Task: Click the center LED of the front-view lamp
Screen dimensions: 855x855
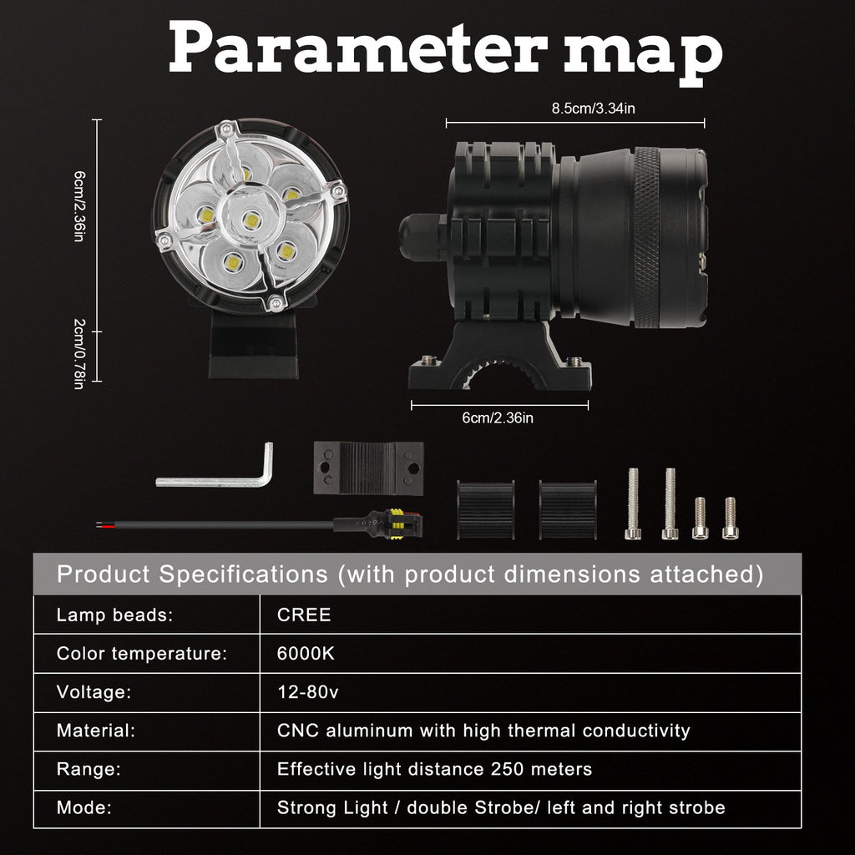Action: click(x=249, y=220)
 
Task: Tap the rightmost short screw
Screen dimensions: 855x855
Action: click(x=731, y=518)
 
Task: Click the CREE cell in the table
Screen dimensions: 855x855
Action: click(x=304, y=615)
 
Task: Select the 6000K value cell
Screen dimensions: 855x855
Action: click(x=306, y=654)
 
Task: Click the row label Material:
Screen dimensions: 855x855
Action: click(x=95, y=731)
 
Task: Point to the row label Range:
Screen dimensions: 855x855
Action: click(x=89, y=769)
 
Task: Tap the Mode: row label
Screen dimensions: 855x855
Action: click(x=84, y=807)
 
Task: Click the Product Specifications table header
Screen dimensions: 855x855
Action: click(x=409, y=574)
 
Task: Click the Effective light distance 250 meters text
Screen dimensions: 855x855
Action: click(x=434, y=769)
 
